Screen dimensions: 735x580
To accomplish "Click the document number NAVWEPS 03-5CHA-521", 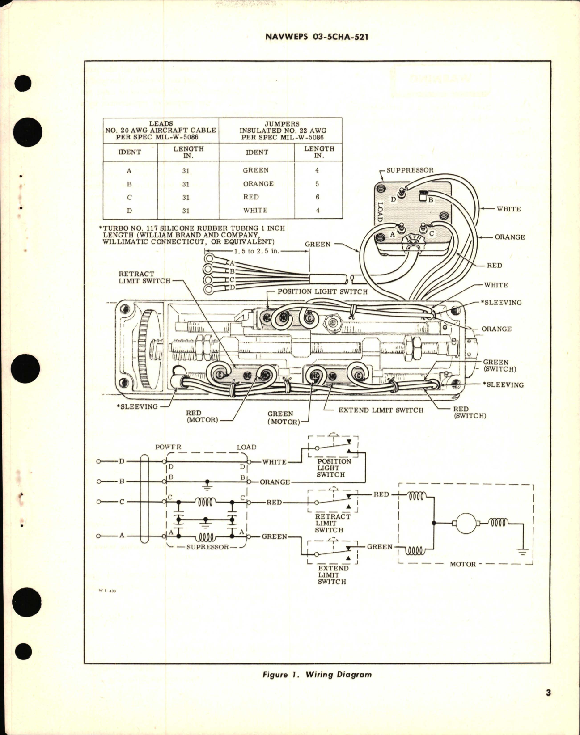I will coord(317,37).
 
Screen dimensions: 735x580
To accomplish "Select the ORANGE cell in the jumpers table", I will coord(258,184).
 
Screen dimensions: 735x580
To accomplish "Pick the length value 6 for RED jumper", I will coord(318,197).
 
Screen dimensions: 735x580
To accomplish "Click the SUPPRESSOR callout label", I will coord(410,170).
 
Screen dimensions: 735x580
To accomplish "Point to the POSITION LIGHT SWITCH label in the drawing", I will coord(322,291).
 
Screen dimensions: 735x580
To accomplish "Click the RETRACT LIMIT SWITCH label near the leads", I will coord(144,277).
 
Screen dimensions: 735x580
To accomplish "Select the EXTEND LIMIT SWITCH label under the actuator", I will coord(381,410).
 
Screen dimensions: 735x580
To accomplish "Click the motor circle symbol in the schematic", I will coord(466,523).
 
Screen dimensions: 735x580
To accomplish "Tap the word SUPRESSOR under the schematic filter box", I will coord(207,547).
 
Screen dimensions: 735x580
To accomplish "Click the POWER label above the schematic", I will coord(168,448).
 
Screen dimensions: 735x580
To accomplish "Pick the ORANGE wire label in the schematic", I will coord(275,482).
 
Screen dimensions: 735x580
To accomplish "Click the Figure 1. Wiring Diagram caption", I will coord(317,674).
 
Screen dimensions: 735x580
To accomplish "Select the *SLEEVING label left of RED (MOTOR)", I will coord(136,406).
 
